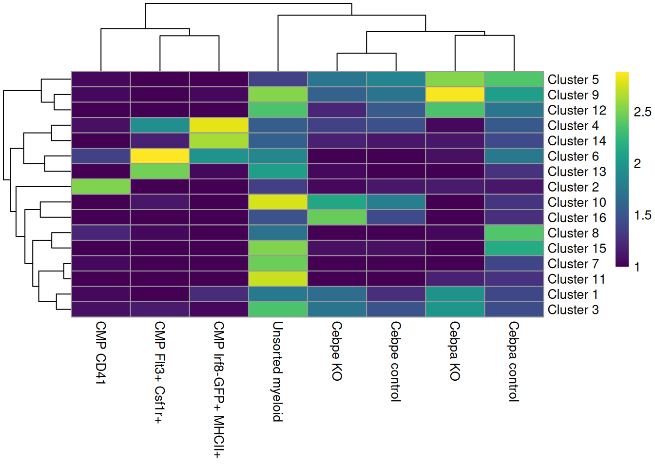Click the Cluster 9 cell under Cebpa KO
click(x=455, y=95)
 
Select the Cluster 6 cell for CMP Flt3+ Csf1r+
click(x=160, y=156)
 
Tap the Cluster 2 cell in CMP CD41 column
click(x=101, y=187)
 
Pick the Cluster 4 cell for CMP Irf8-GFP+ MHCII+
click(x=219, y=125)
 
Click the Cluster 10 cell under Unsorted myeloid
click(x=278, y=202)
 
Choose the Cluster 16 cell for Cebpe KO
click(x=337, y=217)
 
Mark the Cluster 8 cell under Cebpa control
click(x=514, y=233)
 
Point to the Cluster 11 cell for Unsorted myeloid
click(x=278, y=279)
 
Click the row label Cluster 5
click(x=573, y=79)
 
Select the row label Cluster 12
click(x=577, y=110)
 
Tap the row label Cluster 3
click(x=573, y=310)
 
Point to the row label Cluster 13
click(x=577, y=172)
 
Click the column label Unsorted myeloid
click(x=277, y=371)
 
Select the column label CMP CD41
click(x=100, y=352)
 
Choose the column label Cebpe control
click(x=395, y=361)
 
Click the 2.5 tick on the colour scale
click(x=642, y=112)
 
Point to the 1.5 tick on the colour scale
click(x=642, y=215)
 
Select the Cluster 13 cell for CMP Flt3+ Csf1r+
click(x=160, y=171)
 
